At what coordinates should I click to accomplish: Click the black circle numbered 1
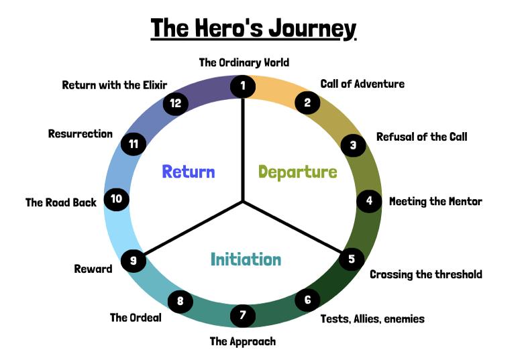pyautogui.click(x=243, y=86)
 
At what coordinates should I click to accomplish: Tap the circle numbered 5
pyautogui.click(x=352, y=258)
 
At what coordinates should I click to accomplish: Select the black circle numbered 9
pyautogui.click(x=134, y=261)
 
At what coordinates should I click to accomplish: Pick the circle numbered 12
pyautogui.click(x=176, y=103)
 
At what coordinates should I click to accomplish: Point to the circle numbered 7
pyautogui.click(x=243, y=314)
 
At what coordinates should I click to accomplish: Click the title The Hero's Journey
pyautogui.click(x=253, y=29)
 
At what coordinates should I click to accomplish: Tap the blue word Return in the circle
pyautogui.click(x=189, y=172)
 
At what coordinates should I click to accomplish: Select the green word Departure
pyautogui.click(x=297, y=172)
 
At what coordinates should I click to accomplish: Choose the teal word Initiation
pyautogui.click(x=246, y=259)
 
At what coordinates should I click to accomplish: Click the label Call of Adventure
pyautogui.click(x=362, y=84)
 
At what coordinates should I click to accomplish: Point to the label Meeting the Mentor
pyautogui.click(x=435, y=201)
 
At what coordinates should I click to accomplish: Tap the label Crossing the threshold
pyautogui.click(x=425, y=274)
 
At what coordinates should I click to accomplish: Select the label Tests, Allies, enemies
pyautogui.click(x=372, y=318)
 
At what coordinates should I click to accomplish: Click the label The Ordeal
pyautogui.click(x=136, y=317)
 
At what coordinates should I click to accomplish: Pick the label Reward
pyautogui.click(x=93, y=269)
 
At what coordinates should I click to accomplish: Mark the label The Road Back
pyautogui.click(x=61, y=202)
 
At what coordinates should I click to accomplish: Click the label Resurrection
pyautogui.click(x=81, y=133)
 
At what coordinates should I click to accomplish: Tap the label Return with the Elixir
pyautogui.click(x=114, y=84)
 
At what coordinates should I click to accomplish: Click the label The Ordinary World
pyautogui.click(x=244, y=62)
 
